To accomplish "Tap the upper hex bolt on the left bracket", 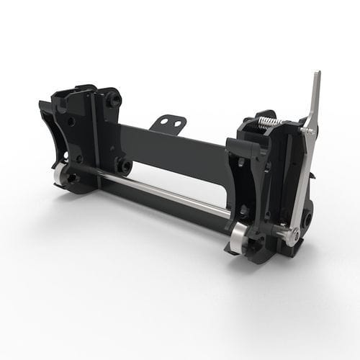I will click(x=112, y=102).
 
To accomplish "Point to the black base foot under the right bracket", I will click(x=295, y=251).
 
